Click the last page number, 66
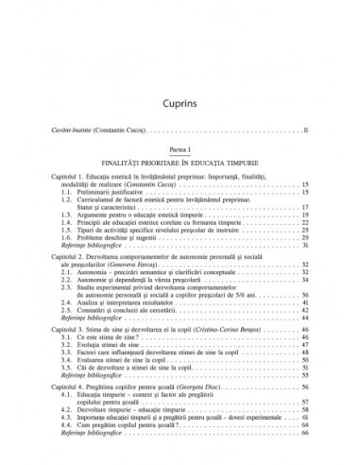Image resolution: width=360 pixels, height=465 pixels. point(304,462)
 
